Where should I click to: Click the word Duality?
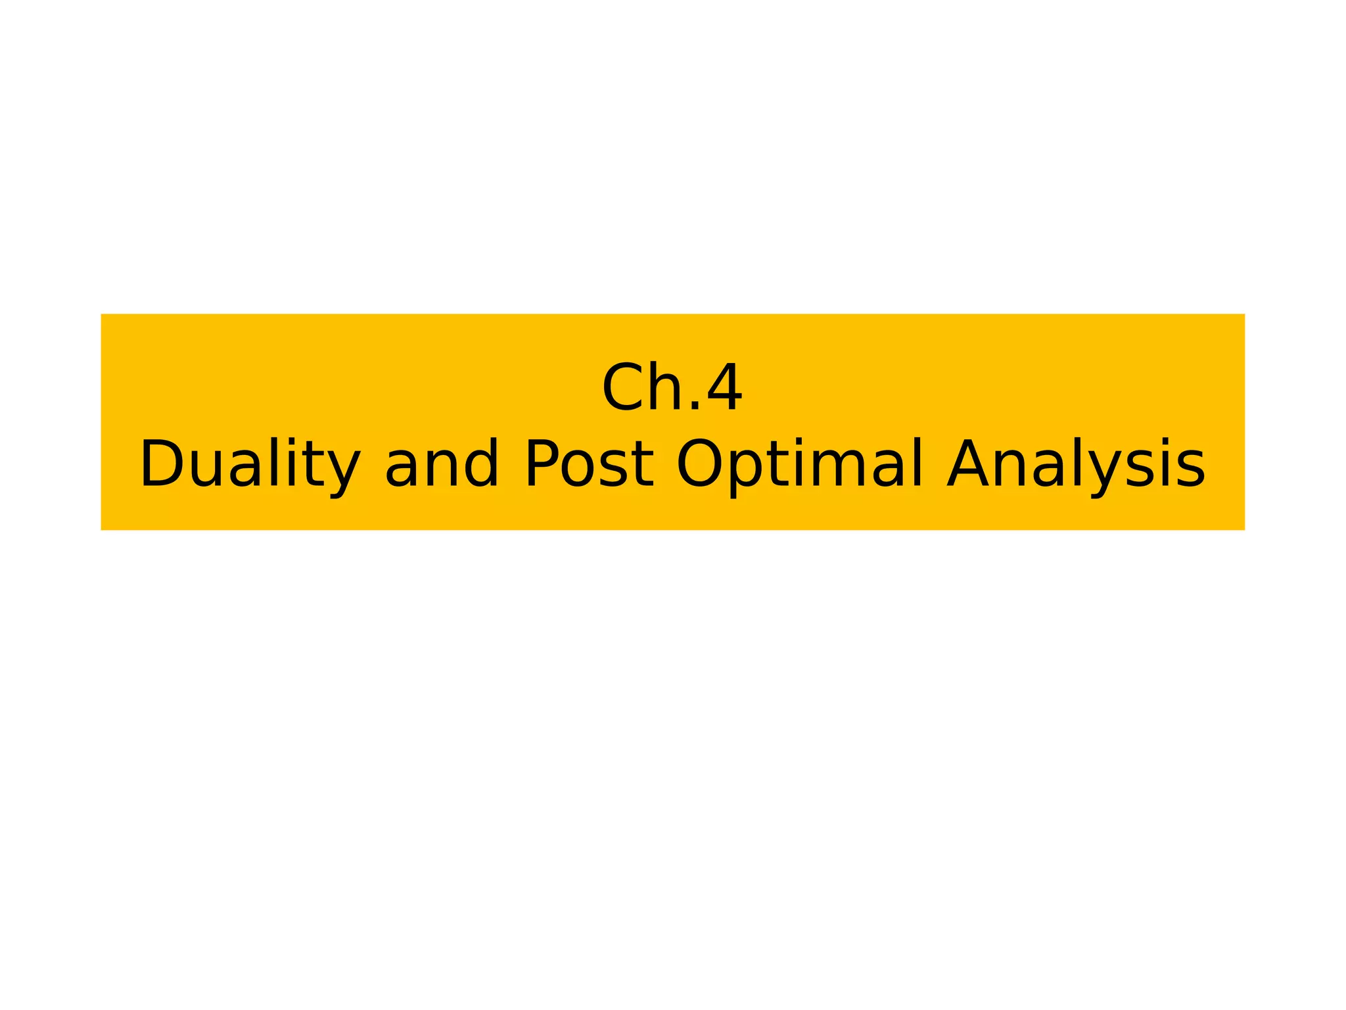tap(250, 464)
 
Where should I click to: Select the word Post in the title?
tap(590, 464)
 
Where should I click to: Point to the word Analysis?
tap(1076, 464)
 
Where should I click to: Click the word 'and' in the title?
tap(442, 464)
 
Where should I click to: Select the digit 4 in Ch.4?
tap(724, 388)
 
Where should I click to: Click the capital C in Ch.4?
tap(622, 388)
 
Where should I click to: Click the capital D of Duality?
tap(160, 464)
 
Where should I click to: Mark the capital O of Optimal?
tap(700, 464)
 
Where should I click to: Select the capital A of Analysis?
tap(970, 464)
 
